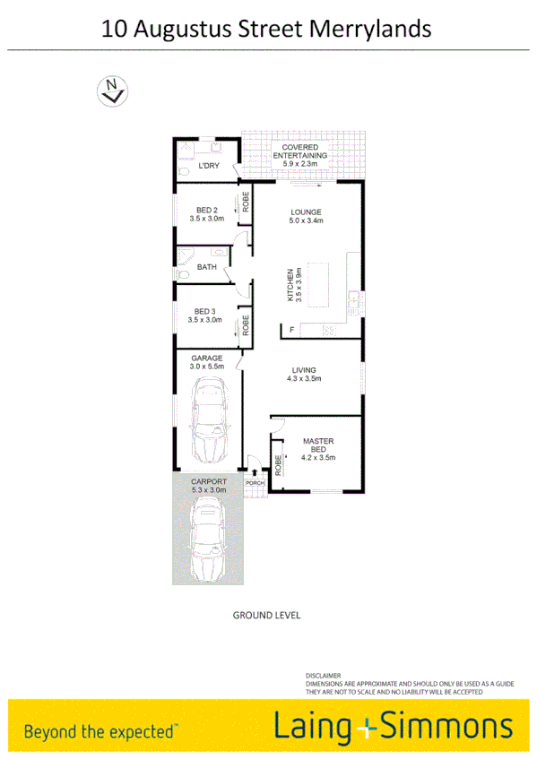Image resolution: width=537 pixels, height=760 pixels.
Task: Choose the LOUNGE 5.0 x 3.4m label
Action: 305,217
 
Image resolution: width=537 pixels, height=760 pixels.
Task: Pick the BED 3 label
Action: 205,315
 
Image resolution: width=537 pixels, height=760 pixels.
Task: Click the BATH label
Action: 206,266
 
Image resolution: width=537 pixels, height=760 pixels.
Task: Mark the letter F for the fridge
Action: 291,331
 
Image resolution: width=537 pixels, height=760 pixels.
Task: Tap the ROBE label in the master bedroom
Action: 279,465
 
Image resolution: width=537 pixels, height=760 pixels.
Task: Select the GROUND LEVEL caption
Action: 266,616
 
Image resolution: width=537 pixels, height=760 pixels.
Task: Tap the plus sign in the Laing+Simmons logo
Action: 362,727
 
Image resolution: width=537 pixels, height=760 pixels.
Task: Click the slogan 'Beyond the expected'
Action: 100,731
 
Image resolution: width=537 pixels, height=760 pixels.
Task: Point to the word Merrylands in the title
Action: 370,29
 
